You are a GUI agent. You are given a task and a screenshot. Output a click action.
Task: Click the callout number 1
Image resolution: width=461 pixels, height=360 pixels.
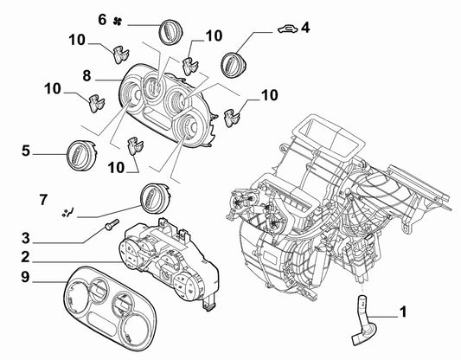(x=403, y=312)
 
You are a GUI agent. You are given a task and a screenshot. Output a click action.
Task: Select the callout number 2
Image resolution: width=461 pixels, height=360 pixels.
(x=26, y=257)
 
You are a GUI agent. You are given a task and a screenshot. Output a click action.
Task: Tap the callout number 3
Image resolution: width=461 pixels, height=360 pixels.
(x=26, y=238)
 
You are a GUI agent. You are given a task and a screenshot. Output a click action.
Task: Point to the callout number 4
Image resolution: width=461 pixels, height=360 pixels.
(x=305, y=28)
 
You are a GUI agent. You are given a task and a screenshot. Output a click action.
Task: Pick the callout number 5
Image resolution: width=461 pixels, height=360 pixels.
(x=26, y=151)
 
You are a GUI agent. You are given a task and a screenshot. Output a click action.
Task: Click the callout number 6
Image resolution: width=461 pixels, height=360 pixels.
(x=102, y=20)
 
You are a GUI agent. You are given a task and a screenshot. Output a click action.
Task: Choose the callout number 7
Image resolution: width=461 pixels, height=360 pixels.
(x=43, y=200)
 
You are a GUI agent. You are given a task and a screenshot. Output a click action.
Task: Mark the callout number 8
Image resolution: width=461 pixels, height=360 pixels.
(x=86, y=75)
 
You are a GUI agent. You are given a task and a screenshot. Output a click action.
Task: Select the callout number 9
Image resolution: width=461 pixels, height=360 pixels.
(x=26, y=277)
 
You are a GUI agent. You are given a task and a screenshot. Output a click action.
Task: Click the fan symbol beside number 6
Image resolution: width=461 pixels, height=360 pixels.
(x=118, y=21)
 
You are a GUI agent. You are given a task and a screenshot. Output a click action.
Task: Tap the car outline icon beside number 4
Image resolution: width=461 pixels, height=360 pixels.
(x=288, y=29)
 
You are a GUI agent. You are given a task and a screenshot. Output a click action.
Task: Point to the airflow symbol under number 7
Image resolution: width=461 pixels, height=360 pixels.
(x=67, y=212)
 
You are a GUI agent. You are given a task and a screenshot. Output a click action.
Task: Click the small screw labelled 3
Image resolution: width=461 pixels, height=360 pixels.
(x=112, y=224)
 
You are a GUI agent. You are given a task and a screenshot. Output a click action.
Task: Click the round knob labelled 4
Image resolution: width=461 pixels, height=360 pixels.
(x=234, y=65)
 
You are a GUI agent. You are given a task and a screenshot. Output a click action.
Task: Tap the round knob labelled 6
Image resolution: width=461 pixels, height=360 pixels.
(x=170, y=33)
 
